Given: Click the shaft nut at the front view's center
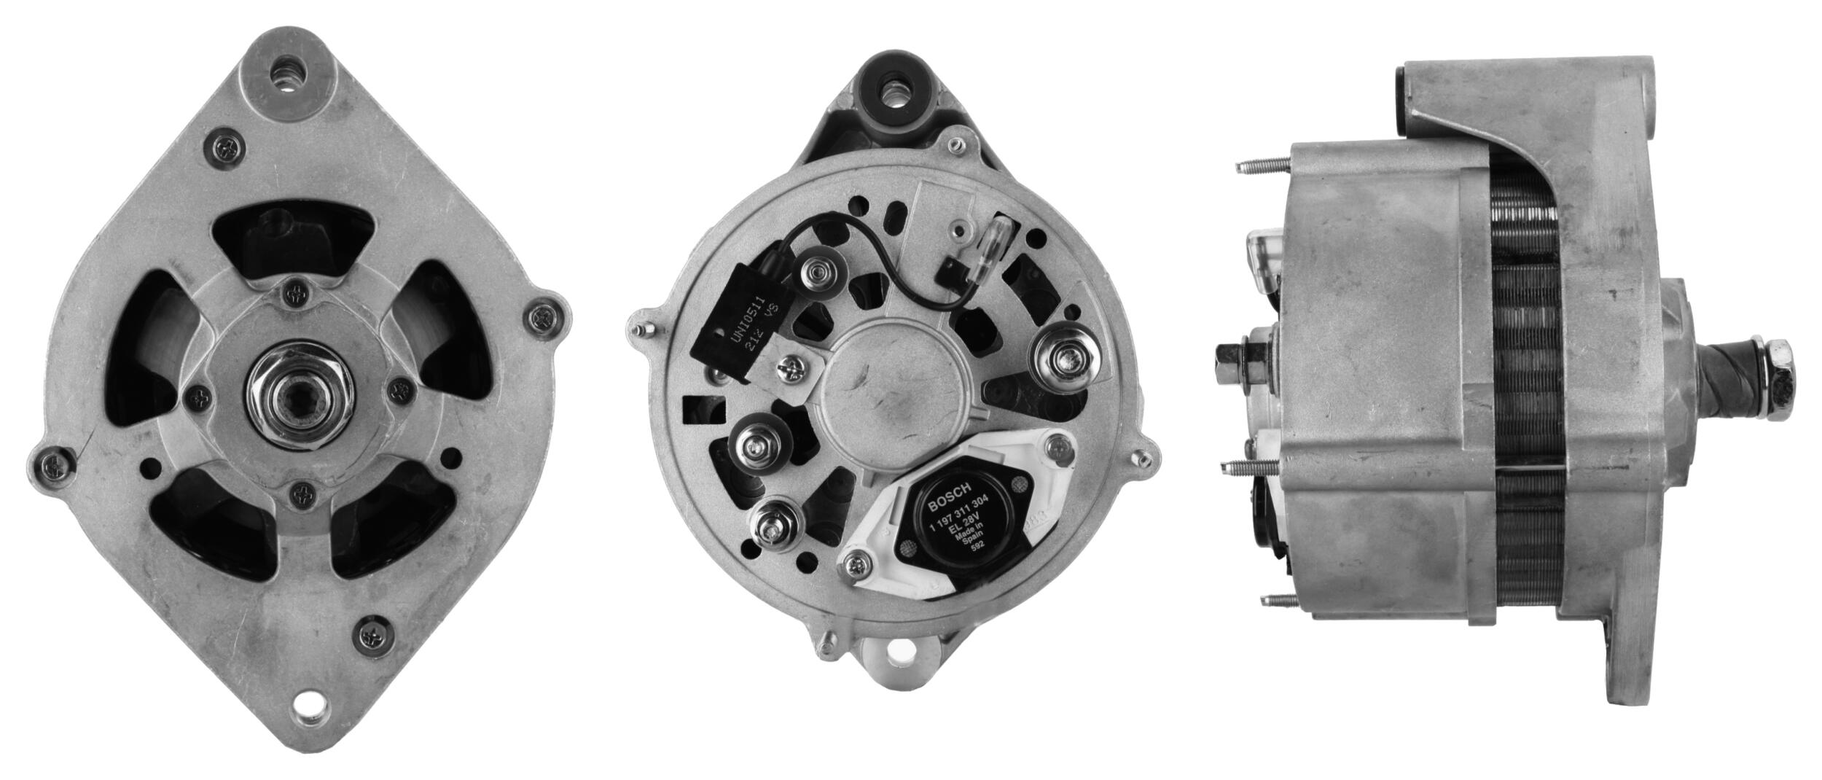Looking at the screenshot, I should point(300,387).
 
